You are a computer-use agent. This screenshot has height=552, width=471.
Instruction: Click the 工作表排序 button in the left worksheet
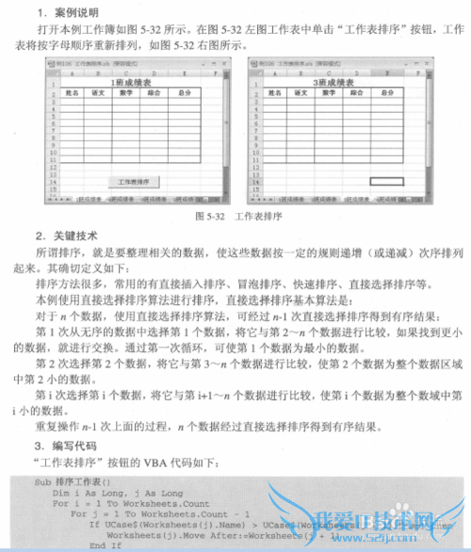[x=138, y=179]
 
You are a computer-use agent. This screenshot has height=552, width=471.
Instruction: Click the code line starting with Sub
[x=67, y=481]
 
